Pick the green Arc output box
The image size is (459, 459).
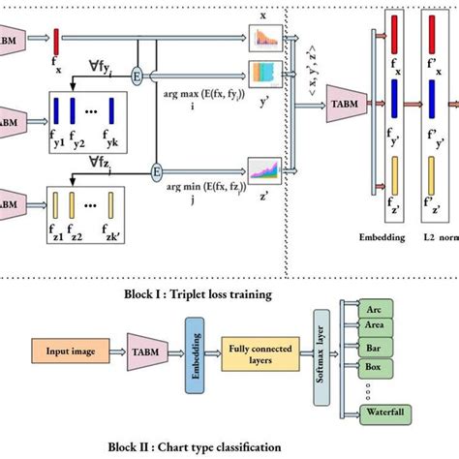coord(373,310)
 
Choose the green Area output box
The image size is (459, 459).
coord(373,326)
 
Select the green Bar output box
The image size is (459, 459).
coord(373,347)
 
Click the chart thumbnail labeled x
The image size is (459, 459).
coord(264,40)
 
